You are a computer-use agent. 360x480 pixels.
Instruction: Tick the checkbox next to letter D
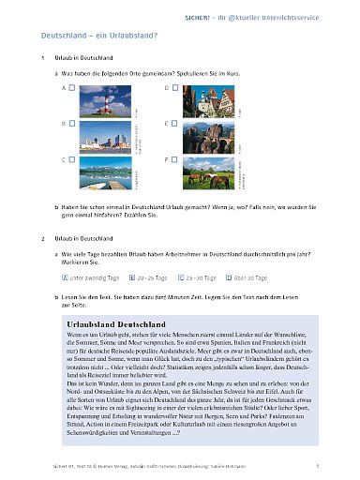click(186, 86)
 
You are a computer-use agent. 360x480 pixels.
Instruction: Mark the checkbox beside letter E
click(186, 123)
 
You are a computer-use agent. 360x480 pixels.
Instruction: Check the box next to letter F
click(186, 160)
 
